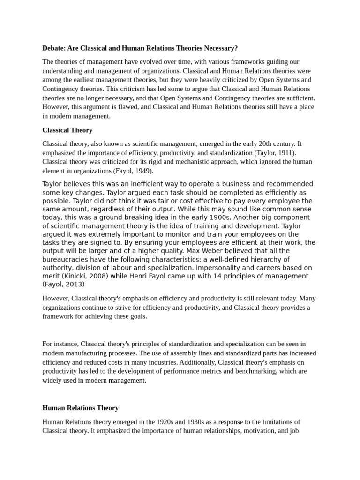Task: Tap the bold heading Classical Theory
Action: pyautogui.click(x=67, y=130)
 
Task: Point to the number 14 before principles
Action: pyautogui.click(x=217, y=276)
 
